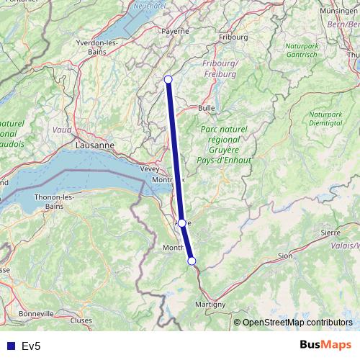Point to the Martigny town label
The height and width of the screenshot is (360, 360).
coord(210,305)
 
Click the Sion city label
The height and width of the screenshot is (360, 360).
coord(284,256)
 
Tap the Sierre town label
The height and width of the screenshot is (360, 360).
coord(330,233)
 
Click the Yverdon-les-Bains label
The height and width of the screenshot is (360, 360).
coord(97,47)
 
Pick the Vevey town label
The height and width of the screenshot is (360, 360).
coord(150,168)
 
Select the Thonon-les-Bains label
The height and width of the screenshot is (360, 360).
coord(55,201)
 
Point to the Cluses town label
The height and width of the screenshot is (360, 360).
coord(81,320)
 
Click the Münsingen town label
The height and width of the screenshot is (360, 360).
coord(338,12)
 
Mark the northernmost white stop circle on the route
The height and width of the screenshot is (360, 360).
coord(168,79)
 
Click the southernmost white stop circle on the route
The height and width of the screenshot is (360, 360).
coord(192,261)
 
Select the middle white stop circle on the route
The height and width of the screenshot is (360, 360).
coord(182,222)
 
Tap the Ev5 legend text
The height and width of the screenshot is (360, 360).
coord(31,346)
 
